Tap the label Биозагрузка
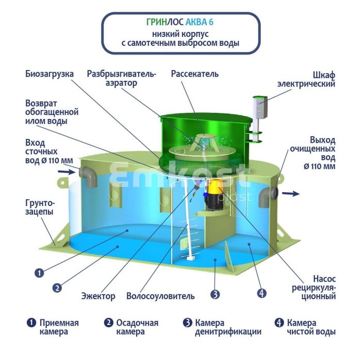tap(50, 74)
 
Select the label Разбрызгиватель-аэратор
tap(121, 78)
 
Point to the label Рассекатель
tap(194, 74)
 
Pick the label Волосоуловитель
tap(160, 296)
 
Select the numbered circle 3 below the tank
tap(216, 295)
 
